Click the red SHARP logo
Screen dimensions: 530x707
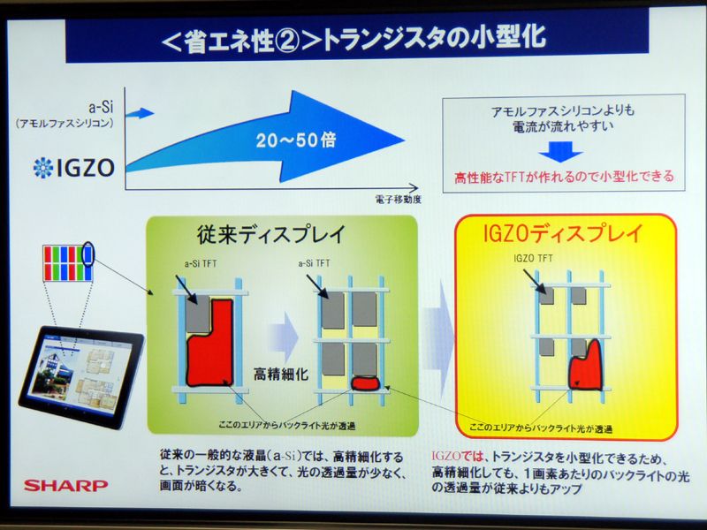pyautogui.click(x=65, y=485)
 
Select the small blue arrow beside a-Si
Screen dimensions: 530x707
pyautogui.click(x=144, y=112)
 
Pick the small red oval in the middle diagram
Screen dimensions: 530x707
pyautogui.click(x=364, y=384)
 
